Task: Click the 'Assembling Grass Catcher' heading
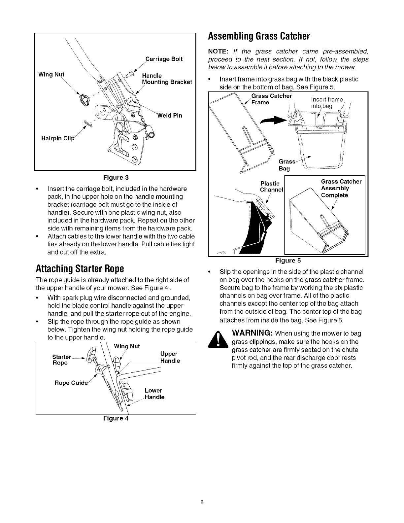coord(258,36)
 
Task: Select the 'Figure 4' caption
coord(116,418)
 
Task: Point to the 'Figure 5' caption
coord(288,261)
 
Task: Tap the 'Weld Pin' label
coord(170,116)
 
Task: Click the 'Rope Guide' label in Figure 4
coord(71,383)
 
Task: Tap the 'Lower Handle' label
coord(154,394)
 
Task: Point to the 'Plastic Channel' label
coord(271,187)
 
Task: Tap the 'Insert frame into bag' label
coord(326,103)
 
